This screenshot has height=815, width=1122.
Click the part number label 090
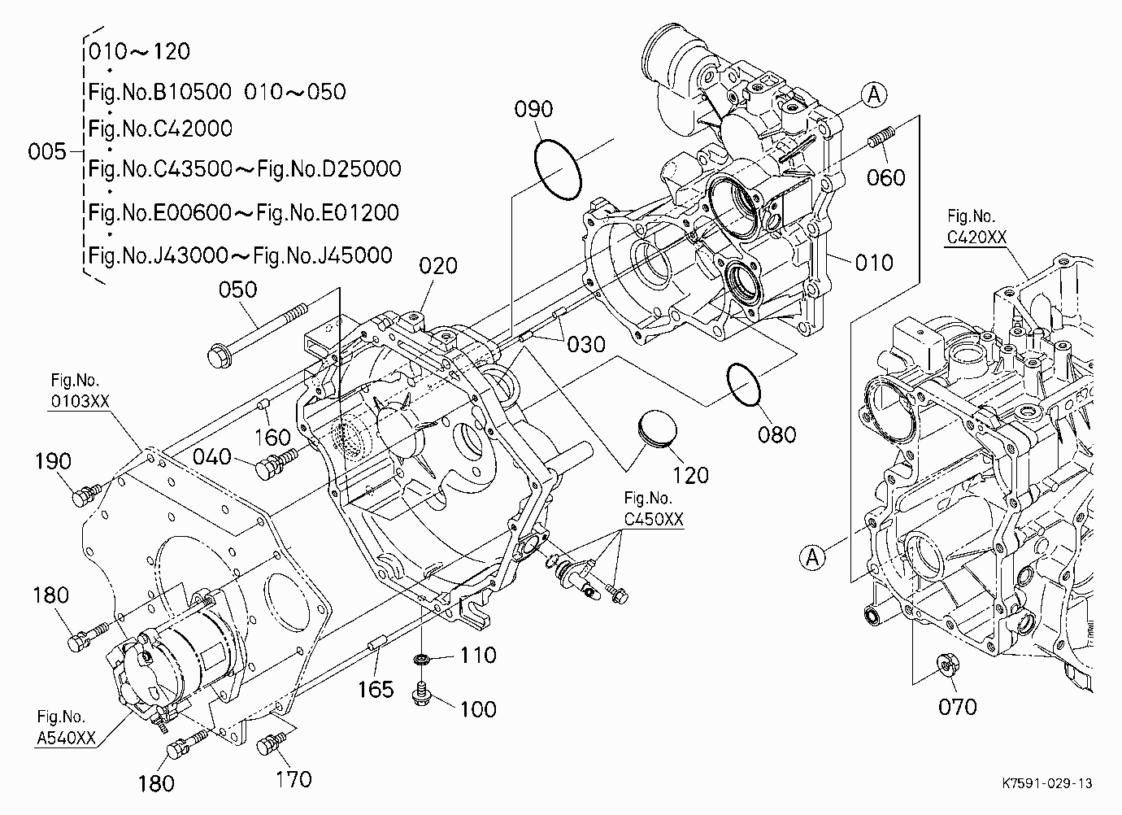pos(533,109)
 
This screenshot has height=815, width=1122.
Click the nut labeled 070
pos(948,665)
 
